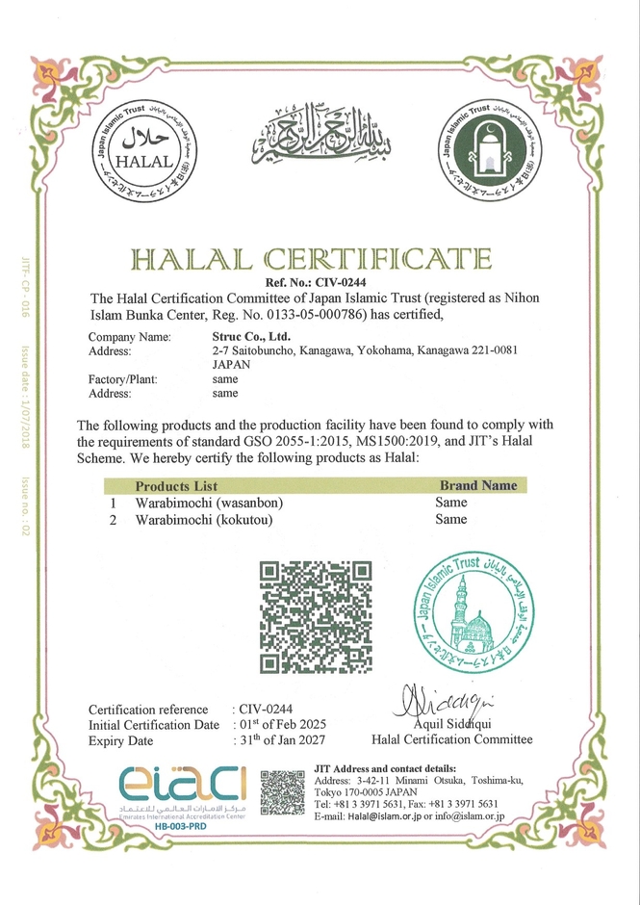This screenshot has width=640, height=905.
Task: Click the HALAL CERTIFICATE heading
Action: [312, 259]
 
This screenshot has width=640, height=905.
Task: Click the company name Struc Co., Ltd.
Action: [252, 337]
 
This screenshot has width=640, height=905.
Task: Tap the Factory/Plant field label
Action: [122, 379]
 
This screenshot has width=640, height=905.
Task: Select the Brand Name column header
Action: [477, 485]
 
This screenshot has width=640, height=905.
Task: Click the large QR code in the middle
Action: [316, 616]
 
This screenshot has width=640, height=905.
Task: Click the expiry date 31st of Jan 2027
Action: [281, 740]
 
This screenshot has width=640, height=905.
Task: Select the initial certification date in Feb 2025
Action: [281, 725]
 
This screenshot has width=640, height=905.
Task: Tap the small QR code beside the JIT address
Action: [282, 792]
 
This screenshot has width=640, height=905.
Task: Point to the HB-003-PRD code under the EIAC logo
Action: [182, 825]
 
